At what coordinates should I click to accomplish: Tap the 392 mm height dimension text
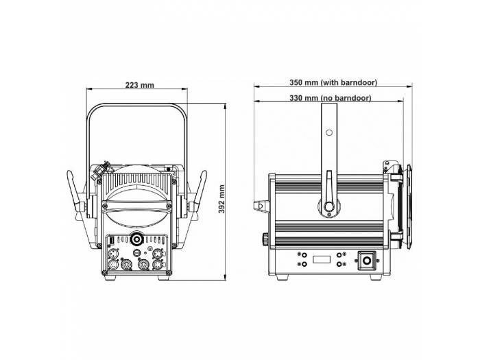pos(221,198)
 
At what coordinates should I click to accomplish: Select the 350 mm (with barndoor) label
pos(333,82)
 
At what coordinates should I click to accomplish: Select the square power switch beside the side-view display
pos(367,261)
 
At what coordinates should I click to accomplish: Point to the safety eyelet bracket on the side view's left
pos(261,204)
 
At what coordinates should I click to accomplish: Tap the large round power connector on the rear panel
pos(136,240)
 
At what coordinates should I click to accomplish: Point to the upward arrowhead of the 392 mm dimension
pos(226,108)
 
